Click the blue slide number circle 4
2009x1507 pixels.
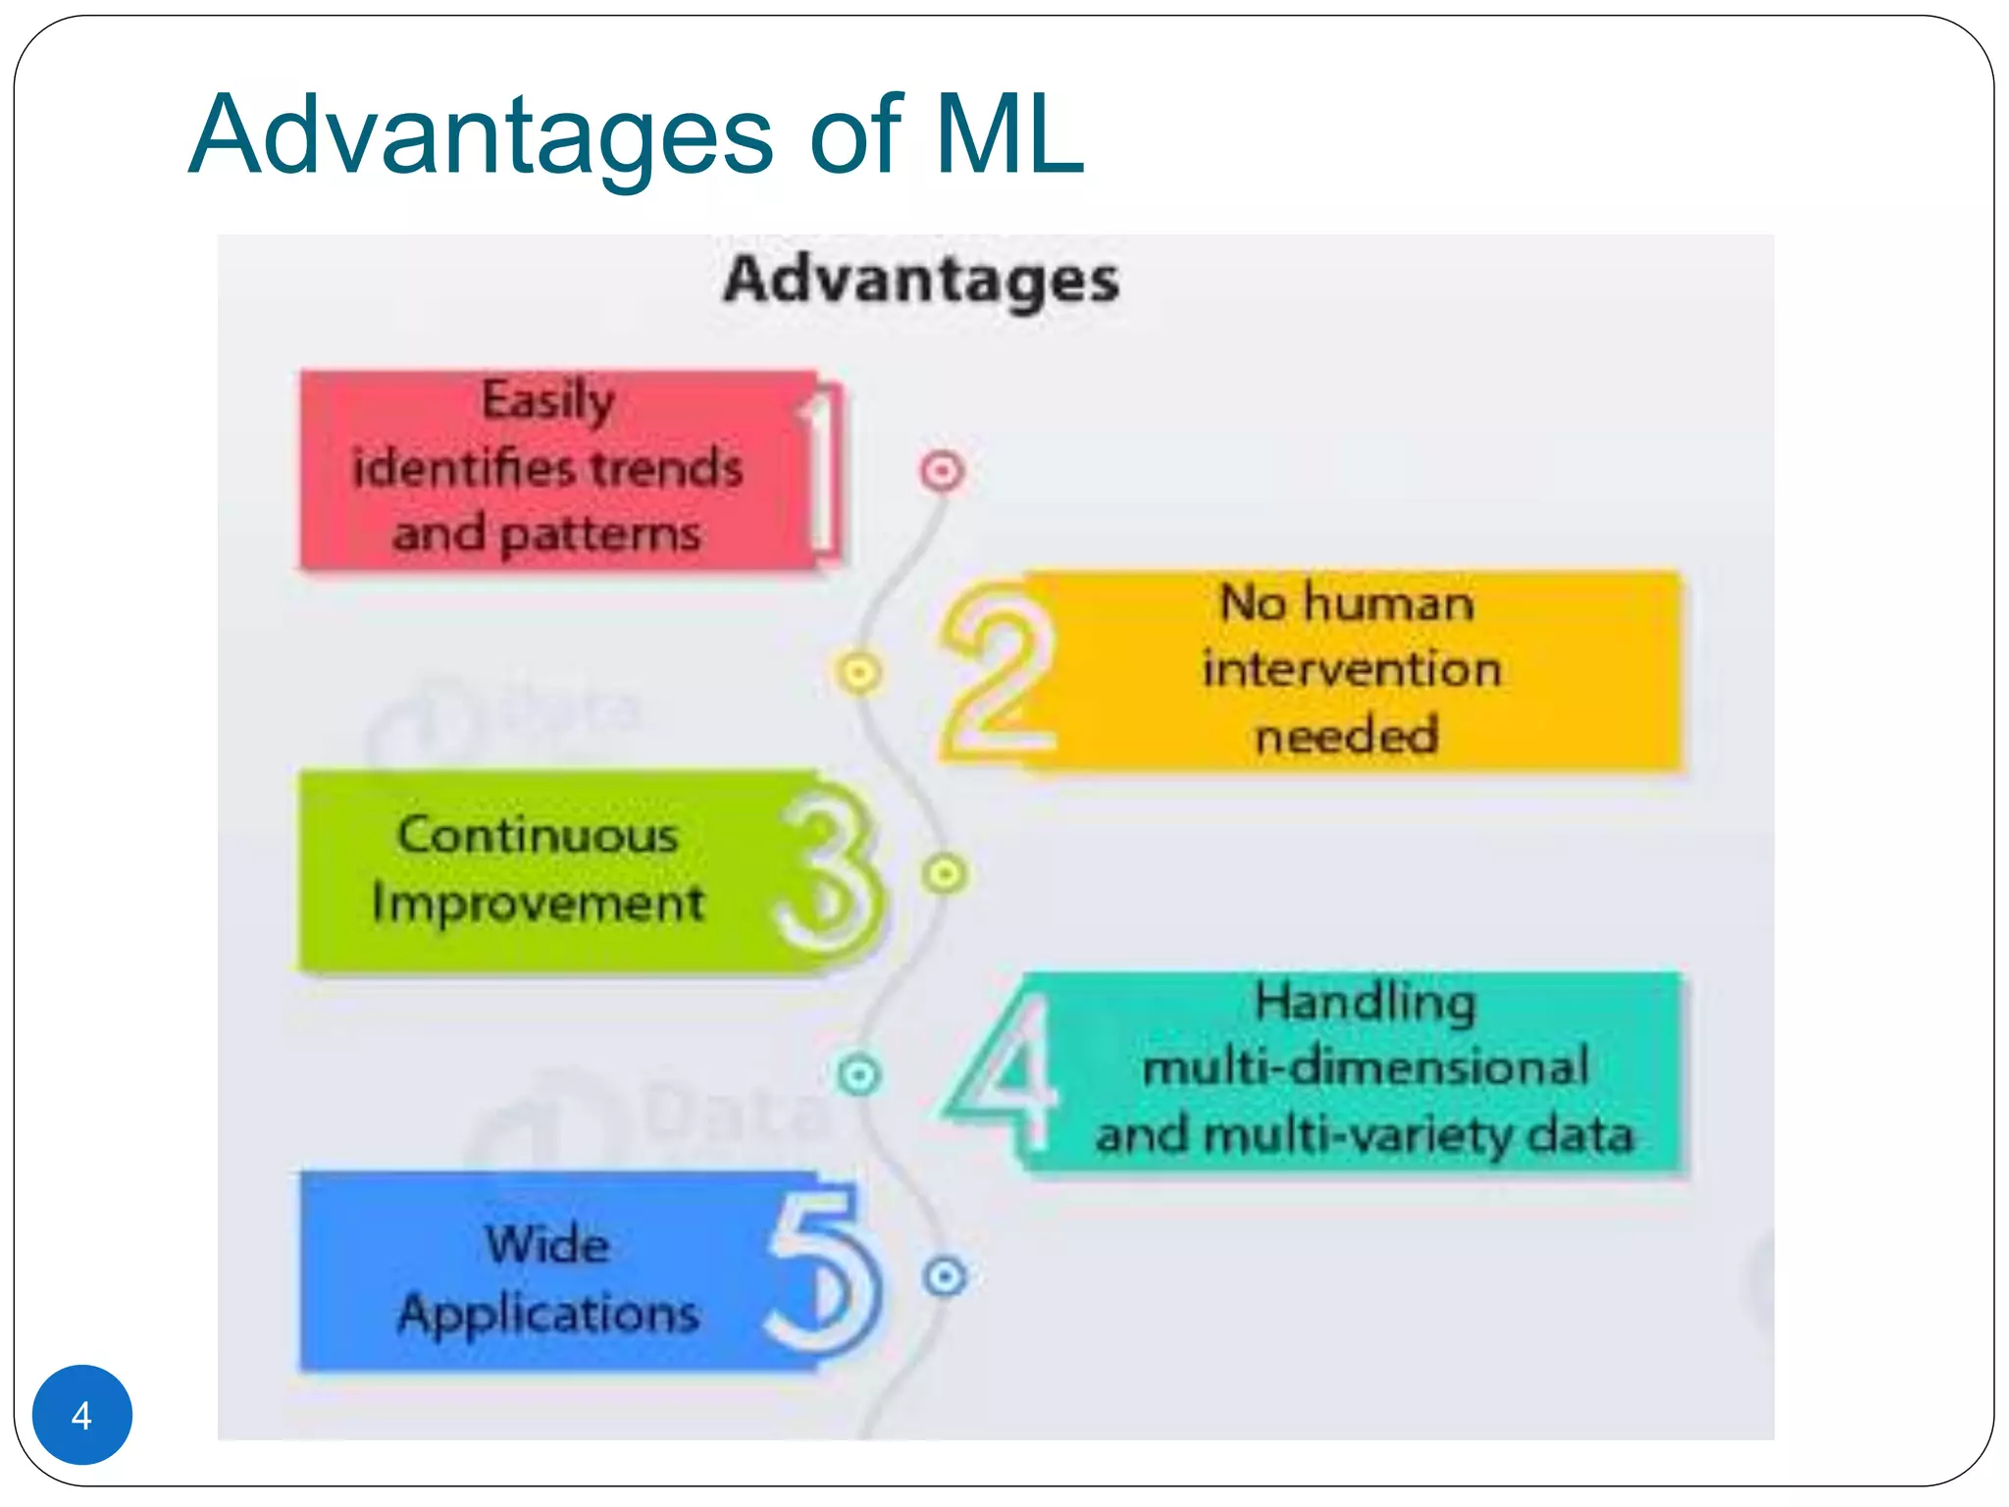tap(81, 1414)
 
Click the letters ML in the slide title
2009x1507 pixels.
tap(1009, 134)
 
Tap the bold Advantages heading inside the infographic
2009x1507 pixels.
tap(921, 280)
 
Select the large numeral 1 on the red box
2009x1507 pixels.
tap(822, 468)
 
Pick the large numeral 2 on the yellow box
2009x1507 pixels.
tap(998, 672)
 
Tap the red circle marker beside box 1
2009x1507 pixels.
tap(943, 471)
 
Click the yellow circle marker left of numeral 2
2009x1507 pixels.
tap(859, 673)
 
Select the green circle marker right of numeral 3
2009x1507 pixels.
tap(945, 872)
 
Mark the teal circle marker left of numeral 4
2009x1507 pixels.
tap(859, 1075)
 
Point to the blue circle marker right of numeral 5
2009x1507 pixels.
tap(946, 1276)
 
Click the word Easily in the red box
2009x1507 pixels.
tap(548, 401)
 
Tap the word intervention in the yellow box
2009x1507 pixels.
tap(1352, 669)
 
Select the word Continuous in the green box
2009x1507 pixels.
tap(538, 836)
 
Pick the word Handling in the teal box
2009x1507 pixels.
tap(1365, 1003)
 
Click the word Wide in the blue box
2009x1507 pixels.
tap(547, 1245)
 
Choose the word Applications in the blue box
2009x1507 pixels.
tap(548, 1314)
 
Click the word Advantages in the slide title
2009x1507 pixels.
tap(482, 134)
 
